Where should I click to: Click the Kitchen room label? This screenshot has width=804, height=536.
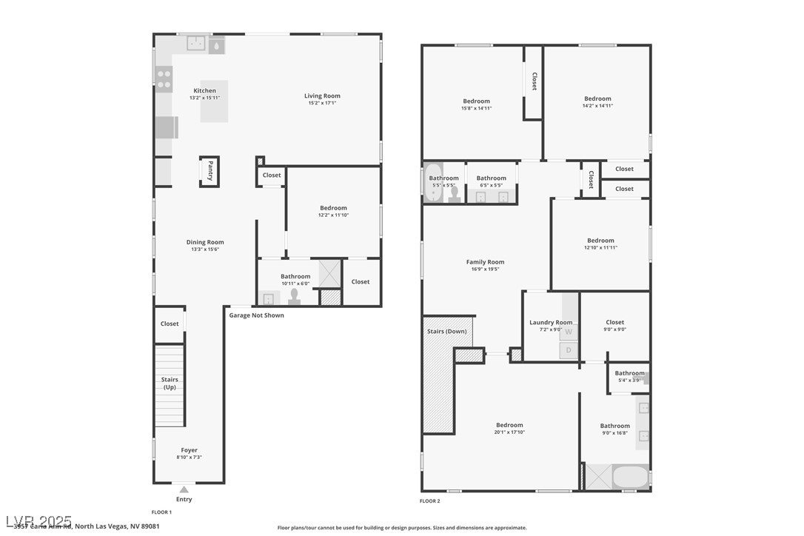(204, 91)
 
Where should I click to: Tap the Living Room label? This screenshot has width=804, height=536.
(322, 96)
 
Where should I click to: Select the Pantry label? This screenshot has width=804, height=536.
(210, 170)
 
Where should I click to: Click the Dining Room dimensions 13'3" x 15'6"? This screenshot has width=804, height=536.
(204, 249)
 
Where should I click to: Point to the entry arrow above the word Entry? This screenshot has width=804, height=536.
(184, 489)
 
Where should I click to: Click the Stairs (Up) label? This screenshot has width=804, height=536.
(170, 383)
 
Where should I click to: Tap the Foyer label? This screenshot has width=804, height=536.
(190, 450)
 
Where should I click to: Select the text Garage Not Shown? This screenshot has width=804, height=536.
(256, 315)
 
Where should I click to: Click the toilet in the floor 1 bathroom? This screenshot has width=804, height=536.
(295, 296)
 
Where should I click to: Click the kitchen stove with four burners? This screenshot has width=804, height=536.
(164, 78)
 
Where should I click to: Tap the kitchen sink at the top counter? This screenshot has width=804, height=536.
(196, 44)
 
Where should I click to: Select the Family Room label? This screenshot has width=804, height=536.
(485, 262)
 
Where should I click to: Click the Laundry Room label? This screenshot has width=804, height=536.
(551, 322)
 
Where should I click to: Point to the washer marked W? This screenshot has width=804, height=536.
(569, 332)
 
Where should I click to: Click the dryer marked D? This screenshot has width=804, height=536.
(569, 350)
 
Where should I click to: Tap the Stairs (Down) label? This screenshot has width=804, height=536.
(446, 331)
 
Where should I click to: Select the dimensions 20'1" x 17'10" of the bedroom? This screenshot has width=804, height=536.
(509, 433)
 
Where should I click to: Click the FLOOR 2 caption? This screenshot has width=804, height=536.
(429, 501)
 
